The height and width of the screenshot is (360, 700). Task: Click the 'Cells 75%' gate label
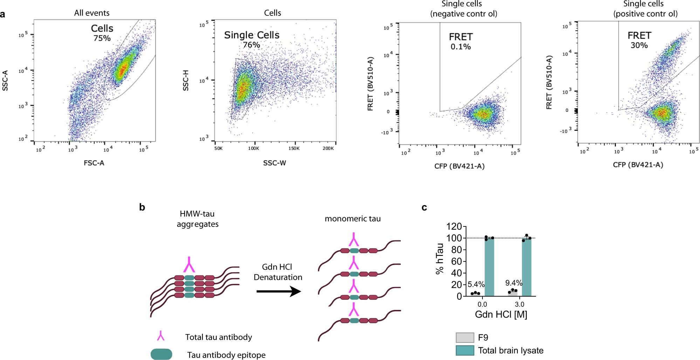102,33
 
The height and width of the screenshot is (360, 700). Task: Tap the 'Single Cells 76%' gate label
252,39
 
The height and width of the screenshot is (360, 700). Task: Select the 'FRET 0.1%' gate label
461,41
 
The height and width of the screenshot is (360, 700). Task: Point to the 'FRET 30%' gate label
639,40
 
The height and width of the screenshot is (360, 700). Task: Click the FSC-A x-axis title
94,163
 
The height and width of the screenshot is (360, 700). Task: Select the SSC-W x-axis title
274,163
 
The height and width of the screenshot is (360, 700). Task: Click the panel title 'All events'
92,13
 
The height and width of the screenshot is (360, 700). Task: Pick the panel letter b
142,207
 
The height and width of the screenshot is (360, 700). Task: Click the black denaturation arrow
279,291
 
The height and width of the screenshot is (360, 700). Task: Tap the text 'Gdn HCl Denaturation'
277,272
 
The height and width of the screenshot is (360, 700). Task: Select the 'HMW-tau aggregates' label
197,219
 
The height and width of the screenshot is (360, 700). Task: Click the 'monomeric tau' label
352,219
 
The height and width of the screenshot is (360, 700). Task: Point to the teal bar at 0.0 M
489,267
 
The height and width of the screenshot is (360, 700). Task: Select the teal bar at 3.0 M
527,267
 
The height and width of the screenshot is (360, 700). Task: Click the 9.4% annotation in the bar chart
514,283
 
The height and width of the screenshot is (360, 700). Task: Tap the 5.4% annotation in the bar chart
476,284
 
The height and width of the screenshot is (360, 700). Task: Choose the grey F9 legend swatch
465,338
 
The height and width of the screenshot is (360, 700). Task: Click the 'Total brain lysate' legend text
510,351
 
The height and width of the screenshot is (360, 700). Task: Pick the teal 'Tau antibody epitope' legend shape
161,354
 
